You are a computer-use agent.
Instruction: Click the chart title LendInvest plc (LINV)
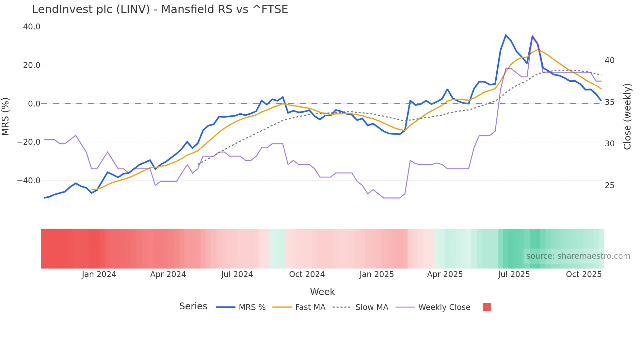[160, 9]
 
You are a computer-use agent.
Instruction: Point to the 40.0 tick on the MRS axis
[32, 27]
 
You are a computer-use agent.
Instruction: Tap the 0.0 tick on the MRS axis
[34, 104]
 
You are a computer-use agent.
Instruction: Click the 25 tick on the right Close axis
[609, 186]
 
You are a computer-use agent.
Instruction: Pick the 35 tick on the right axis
[609, 102]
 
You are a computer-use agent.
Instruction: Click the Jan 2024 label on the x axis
[99, 274]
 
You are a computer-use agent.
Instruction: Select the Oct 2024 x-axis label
[307, 274]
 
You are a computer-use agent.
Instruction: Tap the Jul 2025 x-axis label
[514, 274]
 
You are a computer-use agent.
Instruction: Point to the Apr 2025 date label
[445, 274]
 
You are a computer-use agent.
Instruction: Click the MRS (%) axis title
[6, 116]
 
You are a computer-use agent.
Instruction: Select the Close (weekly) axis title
[627, 117]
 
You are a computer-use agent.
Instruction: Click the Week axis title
[322, 292]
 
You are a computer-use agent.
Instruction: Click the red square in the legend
[487, 307]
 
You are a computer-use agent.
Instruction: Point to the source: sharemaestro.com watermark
[578, 256]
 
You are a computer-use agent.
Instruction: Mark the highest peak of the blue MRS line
[506, 35]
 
